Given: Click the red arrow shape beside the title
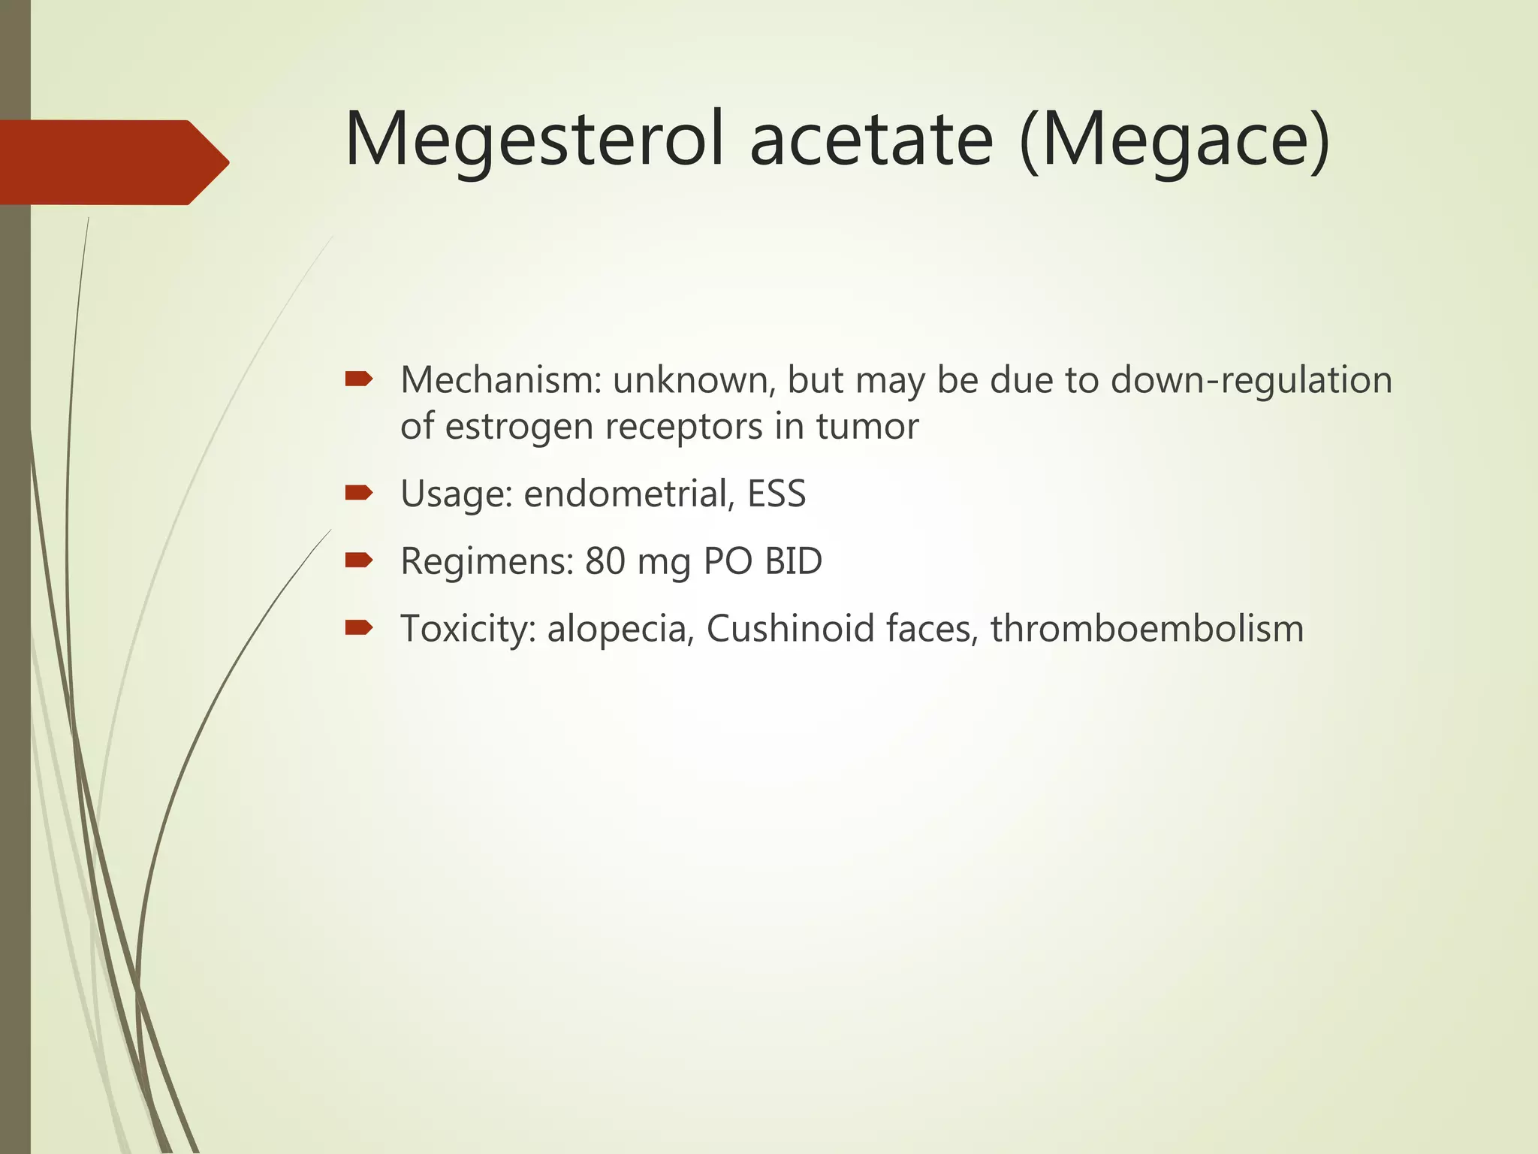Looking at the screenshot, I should point(113,162).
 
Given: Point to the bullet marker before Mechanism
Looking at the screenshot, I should point(358,379).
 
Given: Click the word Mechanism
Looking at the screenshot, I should point(501,380).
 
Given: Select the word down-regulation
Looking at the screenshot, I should point(1251,380).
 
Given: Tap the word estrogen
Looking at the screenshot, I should point(520,427).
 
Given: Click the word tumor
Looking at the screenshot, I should point(867,427).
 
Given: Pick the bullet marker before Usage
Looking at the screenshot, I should point(358,493).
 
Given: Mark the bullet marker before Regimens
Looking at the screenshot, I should point(358,560).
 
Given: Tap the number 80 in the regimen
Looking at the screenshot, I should point(605,561).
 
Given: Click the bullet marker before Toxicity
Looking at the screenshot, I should point(358,627).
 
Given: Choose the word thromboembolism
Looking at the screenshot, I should point(1147,629).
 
